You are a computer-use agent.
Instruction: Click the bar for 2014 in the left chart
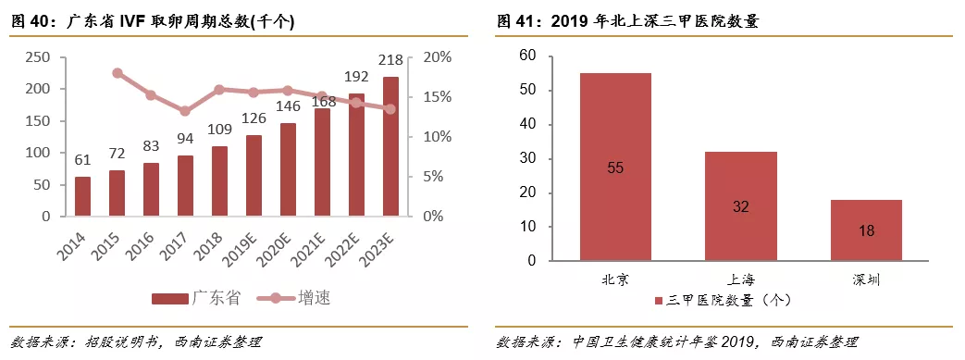pyautogui.click(x=82, y=195)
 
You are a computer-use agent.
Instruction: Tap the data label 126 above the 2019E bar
pyautogui.click(x=254, y=118)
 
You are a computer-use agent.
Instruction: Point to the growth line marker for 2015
pyautogui.click(x=117, y=73)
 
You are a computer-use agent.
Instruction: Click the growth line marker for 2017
pyautogui.click(x=185, y=111)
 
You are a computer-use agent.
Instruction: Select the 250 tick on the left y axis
pyautogui.click(x=37, y=57)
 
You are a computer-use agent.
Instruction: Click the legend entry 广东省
pyautogui.click(x=195, y=298)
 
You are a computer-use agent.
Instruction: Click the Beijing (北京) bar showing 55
pyautogui.click(x=615, y=167)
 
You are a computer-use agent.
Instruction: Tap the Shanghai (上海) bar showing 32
pyautogui.click(x=740, y=206)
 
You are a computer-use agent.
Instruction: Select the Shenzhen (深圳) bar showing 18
pyautogui.click(x=865, y=230)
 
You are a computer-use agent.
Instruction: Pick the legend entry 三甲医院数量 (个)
pyautogui.click(x=731, y=301)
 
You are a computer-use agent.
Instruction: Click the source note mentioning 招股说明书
pyautogui.click(x=135, y=342)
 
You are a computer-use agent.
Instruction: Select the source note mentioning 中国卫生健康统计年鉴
pyautogui.click(x=676, y=342)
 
